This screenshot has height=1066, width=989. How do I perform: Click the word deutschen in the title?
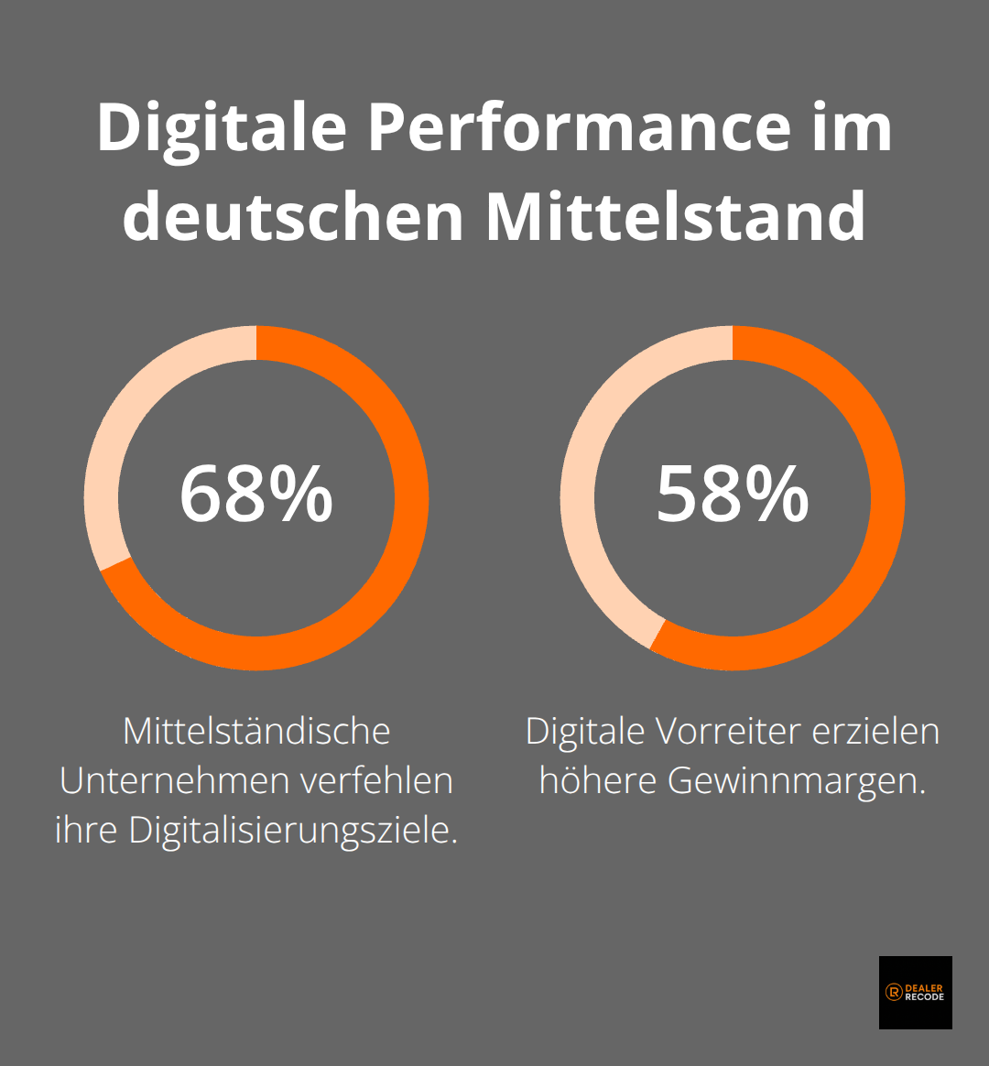click(x=293, y=216)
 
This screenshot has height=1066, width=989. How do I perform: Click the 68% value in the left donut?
click(x=255, y=495)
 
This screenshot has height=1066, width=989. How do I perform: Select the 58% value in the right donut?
click(x=732, y=495)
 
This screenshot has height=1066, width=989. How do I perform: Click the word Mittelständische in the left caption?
click(x=256, y=731)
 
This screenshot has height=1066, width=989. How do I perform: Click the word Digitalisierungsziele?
click(x=292, y=830)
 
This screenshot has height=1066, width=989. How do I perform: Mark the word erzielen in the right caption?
click(x=881, y=731)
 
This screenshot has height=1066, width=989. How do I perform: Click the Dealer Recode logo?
click(x=915, y=992)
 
